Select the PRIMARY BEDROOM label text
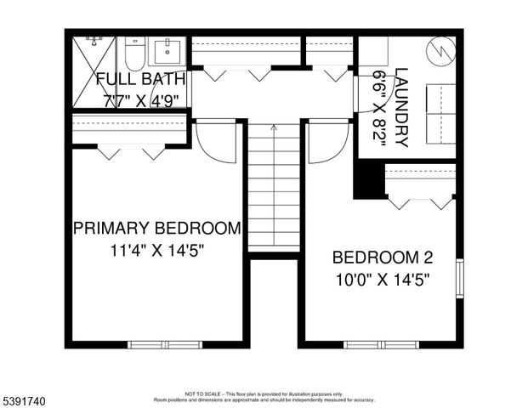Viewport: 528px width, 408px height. click(x=156, y=228)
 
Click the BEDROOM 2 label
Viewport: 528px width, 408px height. click(x=377, y=257)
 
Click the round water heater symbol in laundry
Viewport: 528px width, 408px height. click(x=440, y=51)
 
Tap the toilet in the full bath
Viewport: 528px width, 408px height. click(x=133, y=53)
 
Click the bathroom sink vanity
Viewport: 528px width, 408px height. click(x=167, y=50)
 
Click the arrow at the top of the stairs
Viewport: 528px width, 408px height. click(x=273, y=127)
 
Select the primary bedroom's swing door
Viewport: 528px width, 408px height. click(x=217, y=141)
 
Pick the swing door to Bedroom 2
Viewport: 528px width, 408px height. click(x=327, y=141)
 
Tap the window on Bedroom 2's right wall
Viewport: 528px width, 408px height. click(x=459, y=278)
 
